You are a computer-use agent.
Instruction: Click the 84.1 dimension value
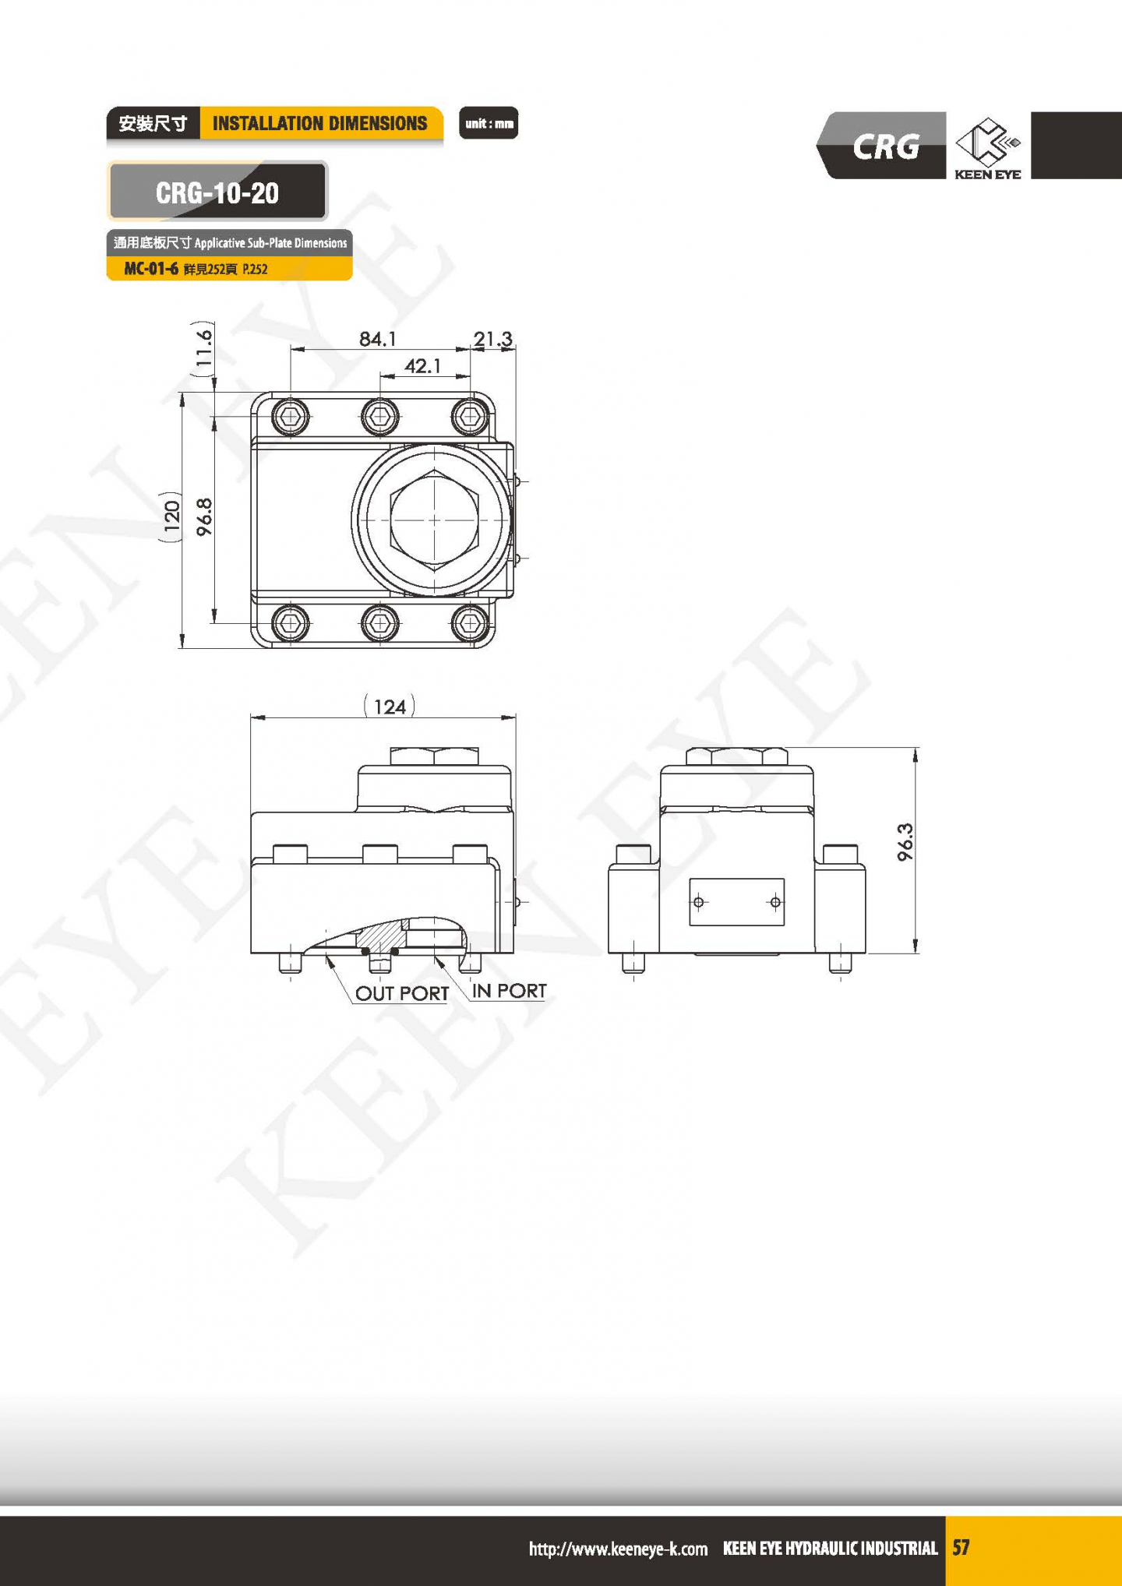point(378,339)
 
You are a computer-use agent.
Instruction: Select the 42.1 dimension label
point(422,365)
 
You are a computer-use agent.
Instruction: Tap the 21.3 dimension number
point(493,339)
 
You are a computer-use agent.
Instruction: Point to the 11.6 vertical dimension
point(203,348)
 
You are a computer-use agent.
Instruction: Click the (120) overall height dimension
point(171,516)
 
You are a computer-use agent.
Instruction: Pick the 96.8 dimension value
point(204,517)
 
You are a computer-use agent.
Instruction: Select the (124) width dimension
point(390,707)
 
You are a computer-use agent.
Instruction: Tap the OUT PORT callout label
point(402,993)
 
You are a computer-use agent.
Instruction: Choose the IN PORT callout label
point(510,990)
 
